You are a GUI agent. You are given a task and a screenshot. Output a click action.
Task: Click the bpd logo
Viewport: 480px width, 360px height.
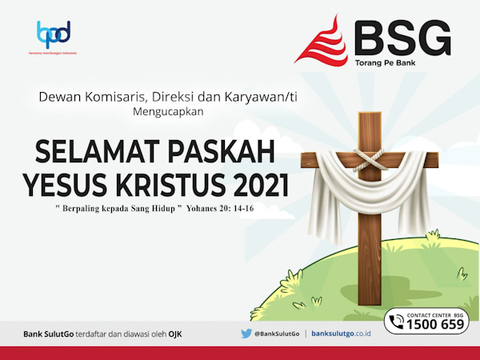pos(54,34)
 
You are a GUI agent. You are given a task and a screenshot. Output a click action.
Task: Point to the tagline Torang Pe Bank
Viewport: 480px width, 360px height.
pos(382,62)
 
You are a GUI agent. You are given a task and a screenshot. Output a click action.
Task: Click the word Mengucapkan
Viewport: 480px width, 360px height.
pos(170,112)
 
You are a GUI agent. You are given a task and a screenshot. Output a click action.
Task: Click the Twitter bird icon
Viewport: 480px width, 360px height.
pos(246,333)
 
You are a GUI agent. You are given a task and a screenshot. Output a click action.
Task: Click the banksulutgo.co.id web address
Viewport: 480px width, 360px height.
pos(342,333)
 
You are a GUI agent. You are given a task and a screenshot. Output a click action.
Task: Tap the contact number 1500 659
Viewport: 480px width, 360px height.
pos(436,325)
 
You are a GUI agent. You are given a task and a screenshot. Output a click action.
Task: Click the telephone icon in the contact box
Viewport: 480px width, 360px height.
pos(396,322)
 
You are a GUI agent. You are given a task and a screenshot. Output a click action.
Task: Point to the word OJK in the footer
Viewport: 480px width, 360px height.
pos(175,333)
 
